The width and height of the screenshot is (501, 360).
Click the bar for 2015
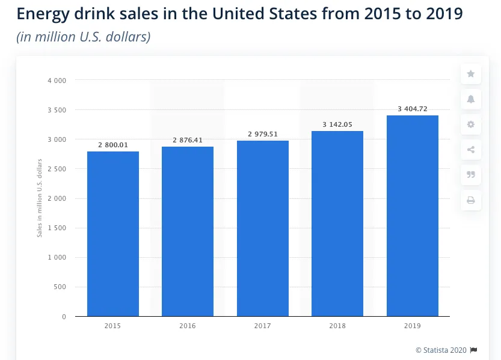click(113, 234)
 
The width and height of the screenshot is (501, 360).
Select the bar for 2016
click(188, 231)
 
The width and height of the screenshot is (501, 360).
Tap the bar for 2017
click(263, 228)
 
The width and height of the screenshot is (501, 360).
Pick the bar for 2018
click(337, 224)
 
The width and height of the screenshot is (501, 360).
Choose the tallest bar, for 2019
click(413, 216)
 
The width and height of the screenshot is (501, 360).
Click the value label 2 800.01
click(113, 145)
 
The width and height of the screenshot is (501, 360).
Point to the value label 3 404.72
click(413, 109)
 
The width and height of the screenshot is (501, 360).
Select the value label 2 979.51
click(263, 134)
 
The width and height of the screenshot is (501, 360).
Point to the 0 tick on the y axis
click(64, 316)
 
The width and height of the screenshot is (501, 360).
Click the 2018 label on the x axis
click(337, 326)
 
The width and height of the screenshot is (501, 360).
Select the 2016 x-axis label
click(188, 326)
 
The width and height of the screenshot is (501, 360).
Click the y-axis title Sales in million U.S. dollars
click(40, 198)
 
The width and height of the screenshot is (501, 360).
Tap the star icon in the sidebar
click(471, 74)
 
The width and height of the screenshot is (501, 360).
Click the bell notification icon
click(471, 99)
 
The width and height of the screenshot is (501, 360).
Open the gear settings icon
click(471, 124)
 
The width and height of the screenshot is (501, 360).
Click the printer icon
click(471, 200)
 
